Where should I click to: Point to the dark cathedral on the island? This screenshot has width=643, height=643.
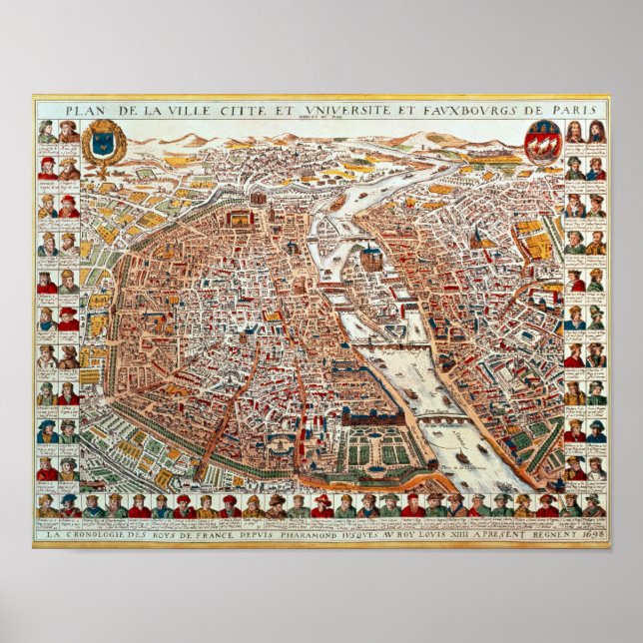[371, 256]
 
